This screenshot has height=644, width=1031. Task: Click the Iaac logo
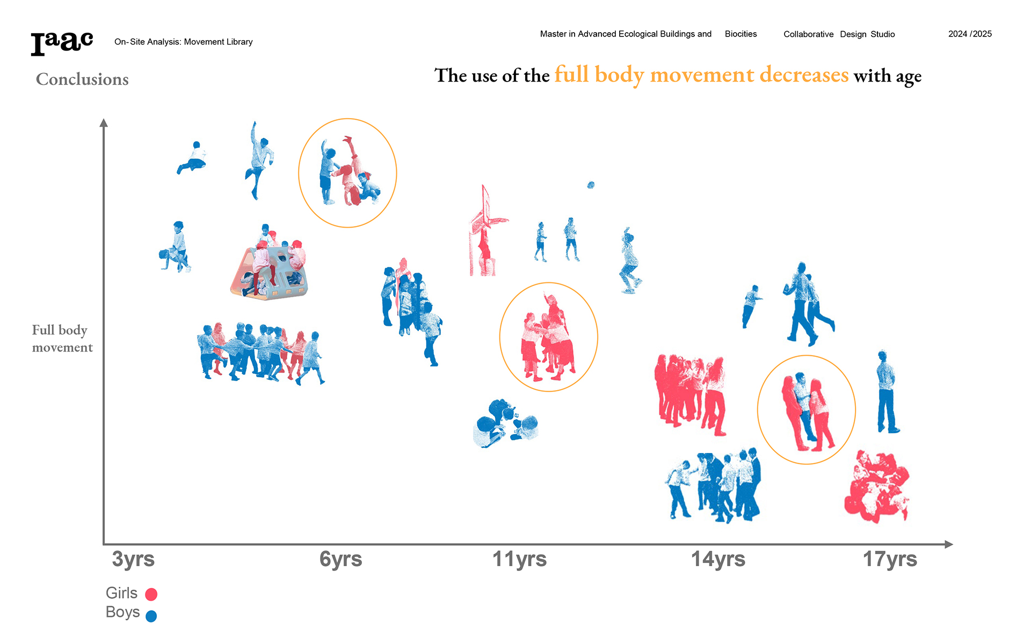click(x=62, y=43)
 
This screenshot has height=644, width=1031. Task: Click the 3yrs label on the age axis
click(x=133, y=559)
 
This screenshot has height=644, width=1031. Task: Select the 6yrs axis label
click(x=340, y=559)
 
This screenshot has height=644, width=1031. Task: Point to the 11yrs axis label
click(x=519, y=559)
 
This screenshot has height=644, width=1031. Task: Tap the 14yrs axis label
click(x=718, y=559)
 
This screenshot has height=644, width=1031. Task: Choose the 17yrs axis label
click(x=890, y=559)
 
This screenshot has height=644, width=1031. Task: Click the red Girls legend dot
click(x=151, y=594)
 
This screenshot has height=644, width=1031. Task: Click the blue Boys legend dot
click(x=151, y=616)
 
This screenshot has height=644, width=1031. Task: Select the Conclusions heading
click(x=82, y=79)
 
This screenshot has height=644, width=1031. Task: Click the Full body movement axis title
click(x=62, y=339)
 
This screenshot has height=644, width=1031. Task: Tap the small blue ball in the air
click(x=591, y=185)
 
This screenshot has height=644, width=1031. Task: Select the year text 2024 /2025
click(x=970, y=34)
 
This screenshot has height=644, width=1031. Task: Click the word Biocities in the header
click(x=740, y=34)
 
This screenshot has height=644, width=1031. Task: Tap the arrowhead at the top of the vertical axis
click(x=104, y=123)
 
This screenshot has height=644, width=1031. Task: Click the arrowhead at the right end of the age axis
click(x=949, y=544)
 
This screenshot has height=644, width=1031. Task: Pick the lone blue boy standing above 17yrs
click(x=886, y=392)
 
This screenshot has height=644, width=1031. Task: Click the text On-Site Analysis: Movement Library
click(x=183, y=42)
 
